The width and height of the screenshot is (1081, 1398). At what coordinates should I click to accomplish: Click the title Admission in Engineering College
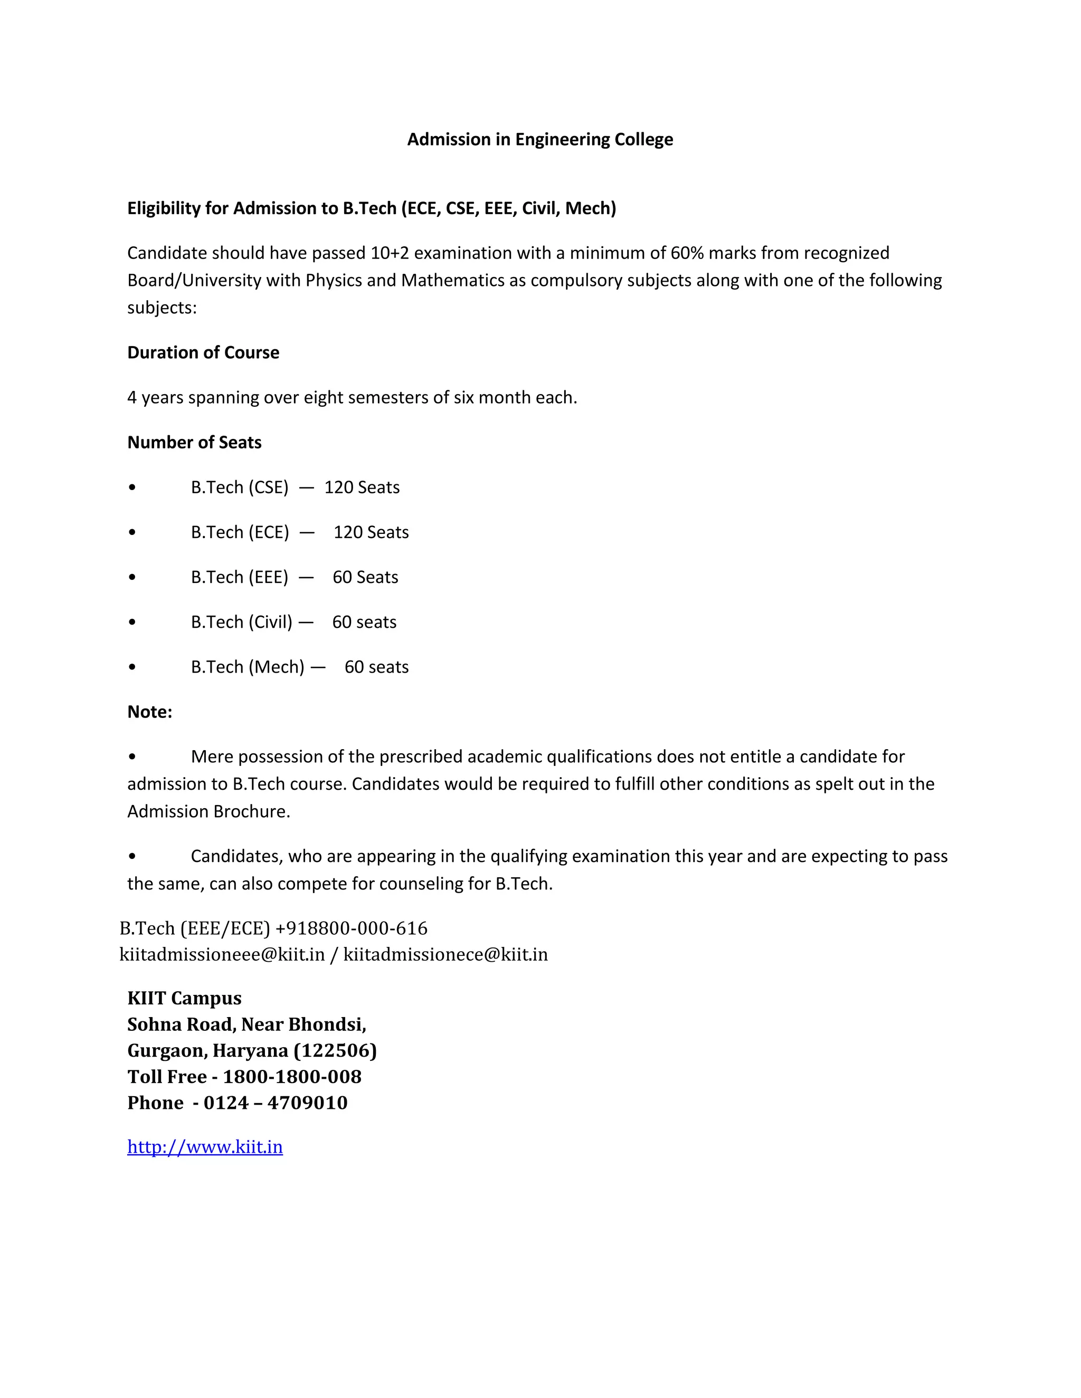(540, 140)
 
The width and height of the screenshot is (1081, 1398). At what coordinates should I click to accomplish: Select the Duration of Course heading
(203, 353)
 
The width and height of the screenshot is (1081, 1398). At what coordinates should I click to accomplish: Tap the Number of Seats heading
(194, 442)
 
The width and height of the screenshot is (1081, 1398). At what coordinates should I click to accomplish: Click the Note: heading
(150, 712)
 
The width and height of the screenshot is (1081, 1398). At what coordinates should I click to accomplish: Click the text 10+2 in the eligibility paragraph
(390, 253)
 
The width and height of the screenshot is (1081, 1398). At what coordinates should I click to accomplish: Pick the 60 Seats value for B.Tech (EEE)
(365, 577)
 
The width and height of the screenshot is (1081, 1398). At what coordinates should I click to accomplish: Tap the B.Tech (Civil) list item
(241, 621)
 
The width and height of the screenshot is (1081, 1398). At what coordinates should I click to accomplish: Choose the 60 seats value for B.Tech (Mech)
(376, 667)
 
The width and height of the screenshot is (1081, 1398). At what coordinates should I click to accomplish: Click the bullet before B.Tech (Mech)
(132, 667)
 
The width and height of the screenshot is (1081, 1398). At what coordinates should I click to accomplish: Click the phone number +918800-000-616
(351, 928)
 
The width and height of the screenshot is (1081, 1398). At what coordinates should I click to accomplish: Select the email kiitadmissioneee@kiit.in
(222, 954)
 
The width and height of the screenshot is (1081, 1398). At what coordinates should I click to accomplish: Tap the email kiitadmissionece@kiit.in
(445, 954)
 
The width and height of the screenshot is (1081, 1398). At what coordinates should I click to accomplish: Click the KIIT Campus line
(184, 998)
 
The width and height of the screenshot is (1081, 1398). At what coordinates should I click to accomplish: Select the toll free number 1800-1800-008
(292, 1077)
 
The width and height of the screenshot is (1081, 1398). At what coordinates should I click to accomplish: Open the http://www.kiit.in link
(205, 1146)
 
